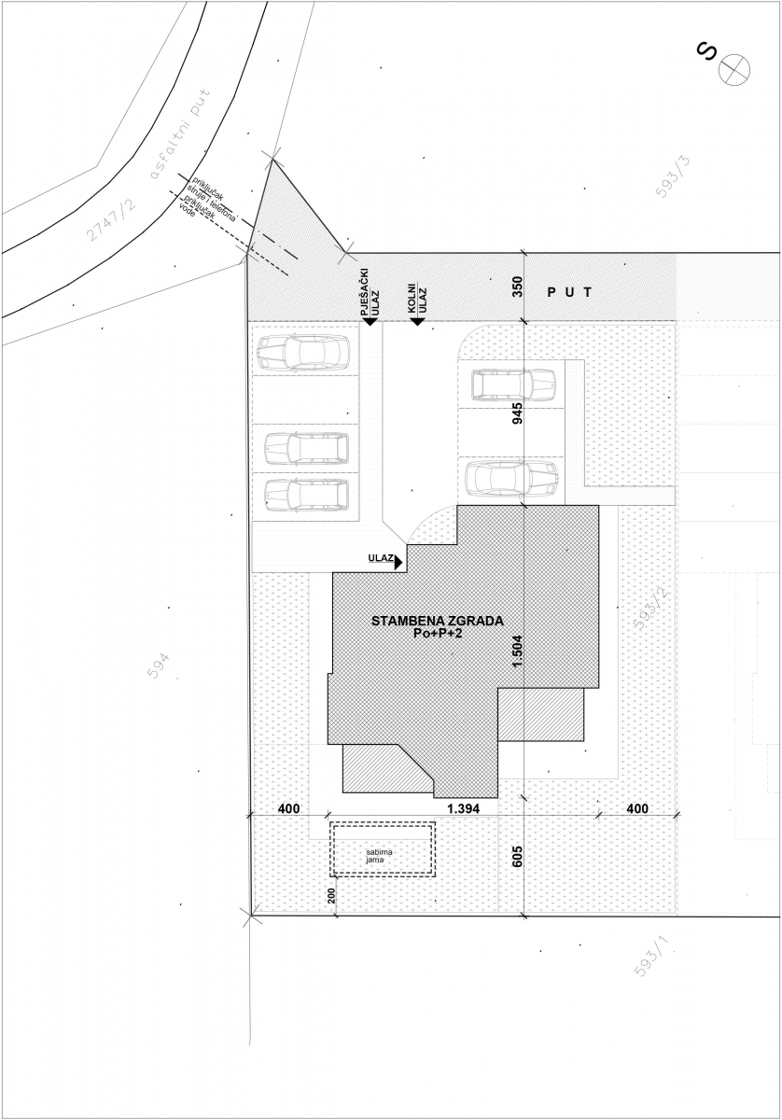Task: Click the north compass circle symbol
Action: tap(734, 69)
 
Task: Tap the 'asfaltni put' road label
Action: tap(180, 134)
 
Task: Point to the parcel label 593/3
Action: tap(673, 177)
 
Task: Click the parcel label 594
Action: tap(160, 665)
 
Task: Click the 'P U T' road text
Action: tap(569, 292)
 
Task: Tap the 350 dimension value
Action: tap(518, 287)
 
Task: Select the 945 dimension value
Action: tap(518, 413)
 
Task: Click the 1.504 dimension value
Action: tap(518, 651)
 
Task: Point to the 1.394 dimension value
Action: tap(463, 808)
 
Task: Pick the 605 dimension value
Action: tap(518, 857)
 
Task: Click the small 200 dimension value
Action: tap(331, 895)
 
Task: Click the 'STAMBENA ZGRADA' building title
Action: tap(438, 621)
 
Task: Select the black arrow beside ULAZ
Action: tap(398, 563)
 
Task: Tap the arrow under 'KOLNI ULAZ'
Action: tap(417, 321)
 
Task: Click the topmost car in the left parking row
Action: tap(303, 353)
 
